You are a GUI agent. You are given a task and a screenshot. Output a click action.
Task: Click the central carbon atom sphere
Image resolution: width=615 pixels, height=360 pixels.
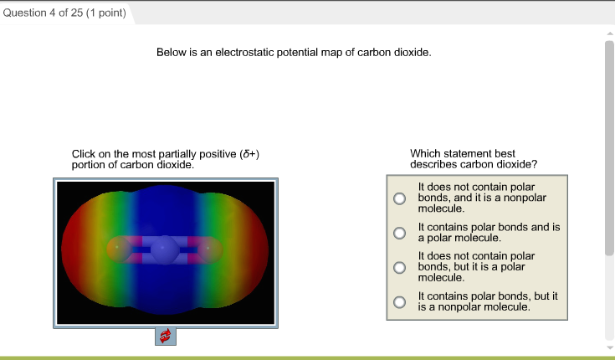tap(165, 249)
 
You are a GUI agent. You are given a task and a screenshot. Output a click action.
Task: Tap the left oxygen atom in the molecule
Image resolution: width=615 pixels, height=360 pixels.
tap(119, 249)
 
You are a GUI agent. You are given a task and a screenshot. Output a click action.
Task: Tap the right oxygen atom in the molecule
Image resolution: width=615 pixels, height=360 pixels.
tap(210, 249)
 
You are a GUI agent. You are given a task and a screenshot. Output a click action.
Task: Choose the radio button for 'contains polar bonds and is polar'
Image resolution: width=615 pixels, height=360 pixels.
tap(400, 233)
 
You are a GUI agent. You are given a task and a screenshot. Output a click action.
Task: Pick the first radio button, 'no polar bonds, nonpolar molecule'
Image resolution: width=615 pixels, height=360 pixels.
tap(400, 198)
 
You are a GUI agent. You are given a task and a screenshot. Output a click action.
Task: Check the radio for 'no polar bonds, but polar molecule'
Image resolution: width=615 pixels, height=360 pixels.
tap(400, 267)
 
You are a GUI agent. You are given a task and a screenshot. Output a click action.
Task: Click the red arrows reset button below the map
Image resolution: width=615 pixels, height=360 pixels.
tap(165, 336)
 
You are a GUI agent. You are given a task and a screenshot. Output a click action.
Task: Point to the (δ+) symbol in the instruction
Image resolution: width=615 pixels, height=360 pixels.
tap(249, 154)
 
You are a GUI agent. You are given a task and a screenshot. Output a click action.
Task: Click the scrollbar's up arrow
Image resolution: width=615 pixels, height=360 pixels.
tap(608, 33)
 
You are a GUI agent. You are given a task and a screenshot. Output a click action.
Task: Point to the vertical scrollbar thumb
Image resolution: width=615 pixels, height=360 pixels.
tap(608, 147)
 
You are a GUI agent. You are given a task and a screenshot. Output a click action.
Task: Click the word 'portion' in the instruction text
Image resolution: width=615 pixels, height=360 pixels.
tap(90, 164)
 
